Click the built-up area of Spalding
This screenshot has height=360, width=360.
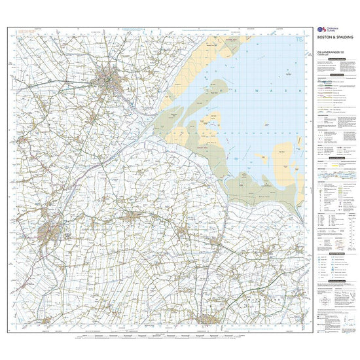pos(49,232)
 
